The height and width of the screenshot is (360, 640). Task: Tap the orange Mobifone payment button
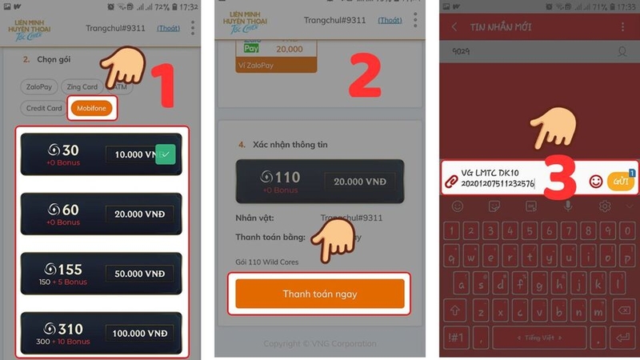pyautogui.click(x=92, y=108)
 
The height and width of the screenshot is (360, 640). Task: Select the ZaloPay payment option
pyautogui.click(x=38, y=86)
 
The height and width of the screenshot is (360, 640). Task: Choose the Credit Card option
pyautogui.click(x=44, y=108)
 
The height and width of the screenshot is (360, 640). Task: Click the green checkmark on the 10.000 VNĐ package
pyautogui.click(x=165, y=154)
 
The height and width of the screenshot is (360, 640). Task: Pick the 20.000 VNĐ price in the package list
pyautogui.click(x=139, y=214)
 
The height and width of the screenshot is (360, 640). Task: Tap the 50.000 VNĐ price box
pyautogui.click(x=139, y=274)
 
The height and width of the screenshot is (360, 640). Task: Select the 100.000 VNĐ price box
pyautogui.click(x=139, y=333)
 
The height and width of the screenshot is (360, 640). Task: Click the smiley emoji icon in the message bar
pyautogui.click(x=595, y=181)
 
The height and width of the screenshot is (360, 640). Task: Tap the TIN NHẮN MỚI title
pyautogui.click(x=502, y=27)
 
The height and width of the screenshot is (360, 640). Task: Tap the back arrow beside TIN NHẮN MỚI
pyautogui.click(x=454, y=27)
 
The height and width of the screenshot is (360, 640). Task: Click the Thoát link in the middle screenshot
pyautogui.click(x=390, y=20)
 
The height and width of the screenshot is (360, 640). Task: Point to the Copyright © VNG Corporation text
pyautogui.click(x=320, y=344)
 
